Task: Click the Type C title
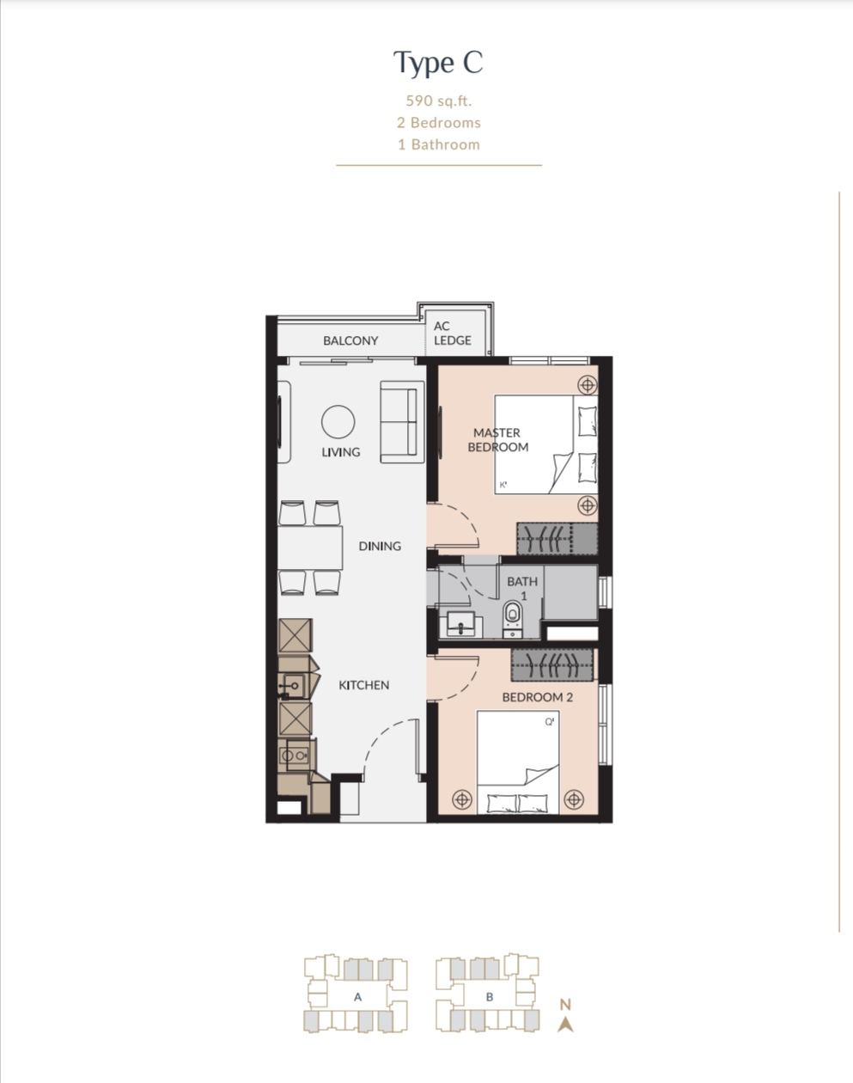click(438, 64)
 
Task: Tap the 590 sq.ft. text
click(439, 101)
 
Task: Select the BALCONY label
click(350, 340)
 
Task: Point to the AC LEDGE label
click(452, 333)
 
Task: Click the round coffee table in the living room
click(338, 422)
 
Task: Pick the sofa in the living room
click(402, 422)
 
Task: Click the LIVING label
click(341, 452)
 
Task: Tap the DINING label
click(380, 546)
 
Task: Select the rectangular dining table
click(310, 548)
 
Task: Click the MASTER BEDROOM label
click(497, 440)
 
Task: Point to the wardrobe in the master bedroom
click(557, 539)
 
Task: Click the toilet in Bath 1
click(513, 619)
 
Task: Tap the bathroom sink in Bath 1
click(461, 624)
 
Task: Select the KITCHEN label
click(363, 685)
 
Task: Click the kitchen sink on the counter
click(294, 685)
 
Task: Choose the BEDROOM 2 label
click(538, 698)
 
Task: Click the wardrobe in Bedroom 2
click(552, 665)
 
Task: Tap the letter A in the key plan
click(357, 997)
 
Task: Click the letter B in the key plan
click(490, 997)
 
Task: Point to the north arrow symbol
click(566, 1024)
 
